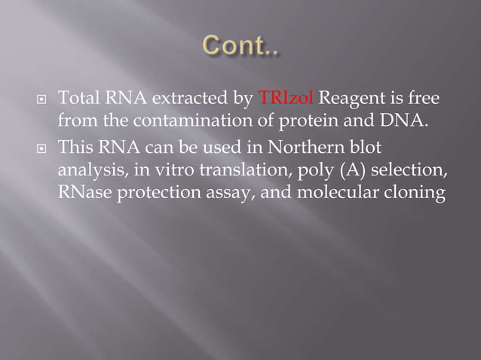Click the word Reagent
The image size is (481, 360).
tap(350, 99)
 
